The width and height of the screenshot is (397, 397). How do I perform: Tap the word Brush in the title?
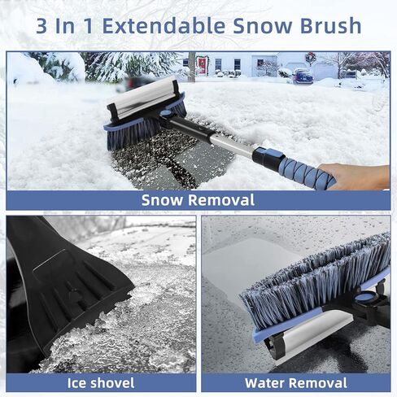326,25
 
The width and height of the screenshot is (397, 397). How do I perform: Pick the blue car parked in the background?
302,77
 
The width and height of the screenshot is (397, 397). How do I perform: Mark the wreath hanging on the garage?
310,58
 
